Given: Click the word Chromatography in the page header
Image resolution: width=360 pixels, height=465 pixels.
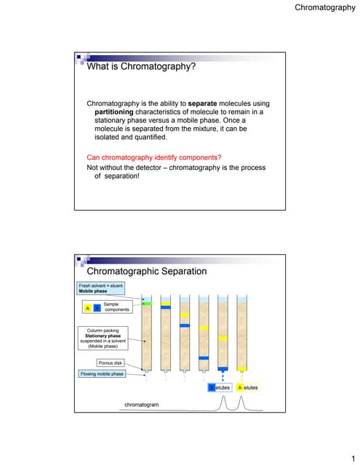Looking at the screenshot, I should (x=324, y=8).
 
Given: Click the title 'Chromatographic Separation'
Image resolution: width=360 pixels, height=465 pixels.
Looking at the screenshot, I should (x=147, y=271).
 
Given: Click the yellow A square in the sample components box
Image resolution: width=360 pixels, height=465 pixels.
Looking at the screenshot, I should (x=88, y=308).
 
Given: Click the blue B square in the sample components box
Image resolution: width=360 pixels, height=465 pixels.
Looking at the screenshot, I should (x=97, y=308).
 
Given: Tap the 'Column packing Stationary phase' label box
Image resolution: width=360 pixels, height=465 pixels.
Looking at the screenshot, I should (x=102, y=339).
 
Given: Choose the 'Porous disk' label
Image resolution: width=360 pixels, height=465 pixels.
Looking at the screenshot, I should (x=110, y=363).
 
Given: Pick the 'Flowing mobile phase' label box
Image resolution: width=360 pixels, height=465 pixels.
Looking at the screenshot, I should (x=102, y=373).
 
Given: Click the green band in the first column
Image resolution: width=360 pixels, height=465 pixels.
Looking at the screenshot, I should (x=147, y=304).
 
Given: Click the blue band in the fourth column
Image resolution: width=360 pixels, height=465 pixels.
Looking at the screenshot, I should (x=204, y=358).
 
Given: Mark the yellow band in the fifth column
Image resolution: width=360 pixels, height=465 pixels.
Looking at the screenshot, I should (x=223, y=339).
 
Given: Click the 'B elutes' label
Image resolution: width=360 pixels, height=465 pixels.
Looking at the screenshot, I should (x=220, y=388).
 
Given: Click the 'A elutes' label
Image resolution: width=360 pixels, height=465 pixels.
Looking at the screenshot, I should (x=247, y=388).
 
